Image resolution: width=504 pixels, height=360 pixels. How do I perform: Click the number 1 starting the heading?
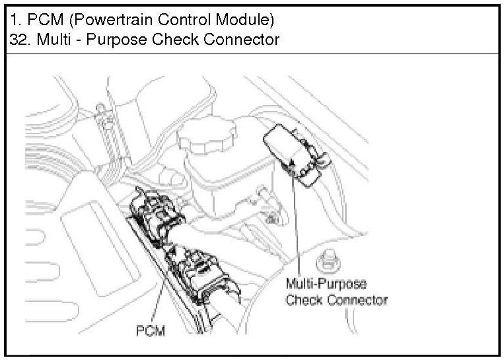[x=14, y=17]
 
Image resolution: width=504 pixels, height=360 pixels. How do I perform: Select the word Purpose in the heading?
[x=116, y=39]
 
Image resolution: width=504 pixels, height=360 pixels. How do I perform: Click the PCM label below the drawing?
[x=151, y=330]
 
